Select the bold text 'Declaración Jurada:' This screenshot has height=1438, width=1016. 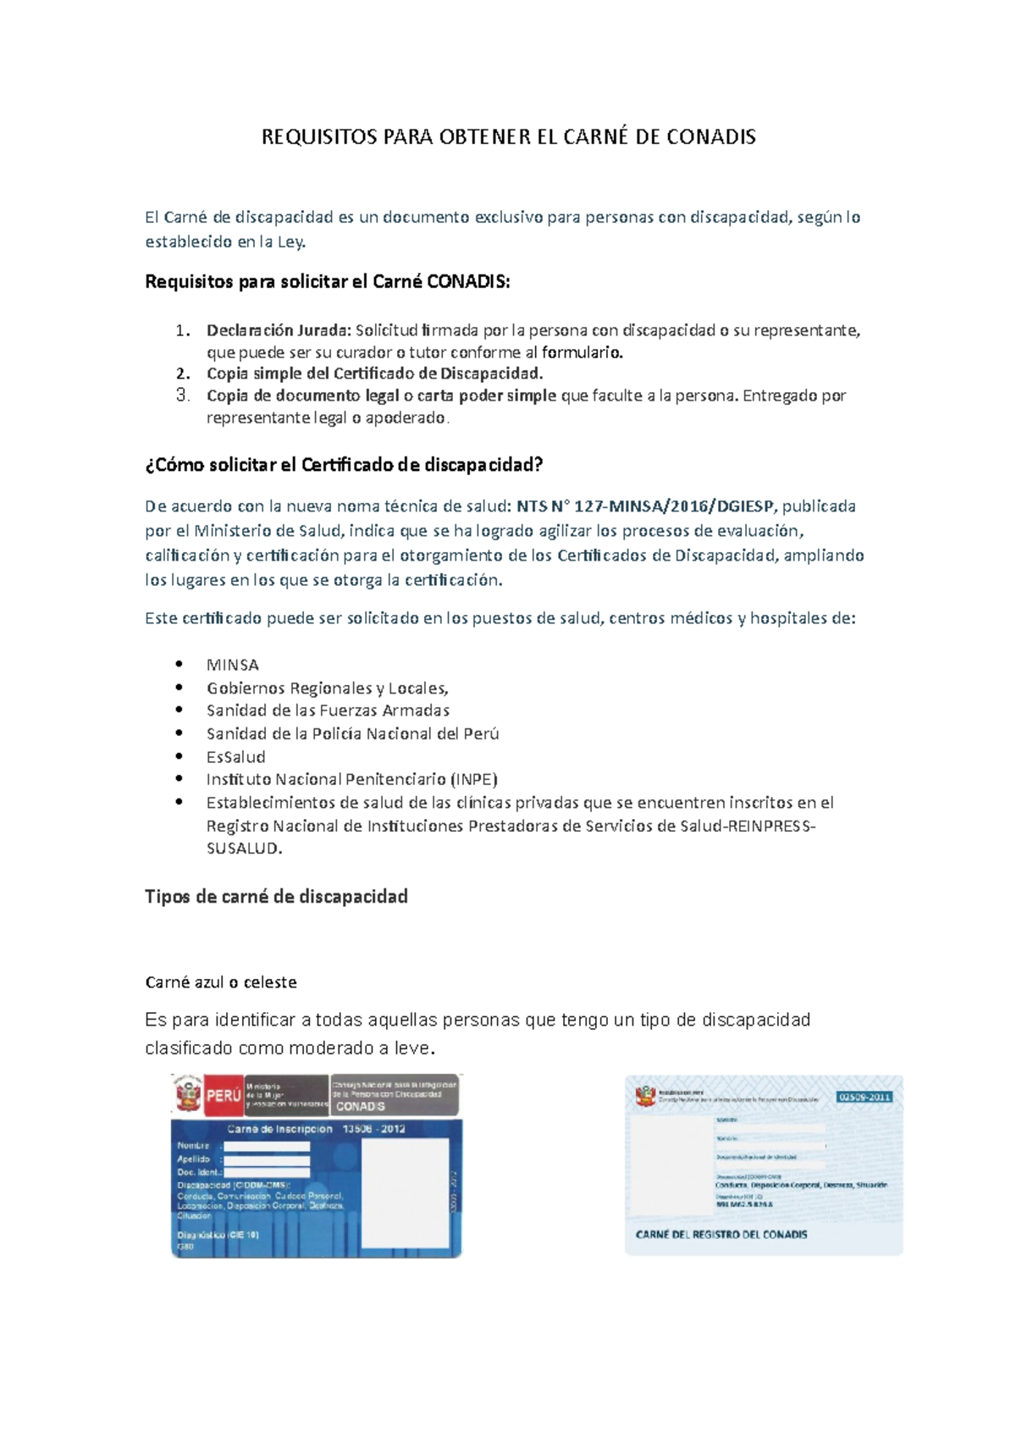click(279, 330)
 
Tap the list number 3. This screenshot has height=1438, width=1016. click(183, 395)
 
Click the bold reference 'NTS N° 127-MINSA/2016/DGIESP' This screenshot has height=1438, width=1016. click(645, 506)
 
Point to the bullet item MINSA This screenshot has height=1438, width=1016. click(232, 665)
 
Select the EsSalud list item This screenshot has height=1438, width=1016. click(235, 757)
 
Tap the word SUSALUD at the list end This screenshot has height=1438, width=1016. click(243, 849)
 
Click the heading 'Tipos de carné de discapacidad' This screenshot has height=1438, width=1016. click(276, 896)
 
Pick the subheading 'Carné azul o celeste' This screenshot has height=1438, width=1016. click(221, 982)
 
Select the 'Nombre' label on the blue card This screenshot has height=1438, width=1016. click(193, 1146)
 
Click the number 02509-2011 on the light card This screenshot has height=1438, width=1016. click(864, 1097)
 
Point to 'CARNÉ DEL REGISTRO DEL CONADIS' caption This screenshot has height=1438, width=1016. click(721, 1235)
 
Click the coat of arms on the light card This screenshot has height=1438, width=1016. click(646, 1097)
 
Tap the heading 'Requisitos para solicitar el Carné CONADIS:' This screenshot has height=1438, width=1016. click(328, 282)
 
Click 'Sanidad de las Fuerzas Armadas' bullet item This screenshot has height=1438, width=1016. click(328, 711)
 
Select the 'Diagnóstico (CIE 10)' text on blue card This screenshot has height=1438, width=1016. click(218, 1235)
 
